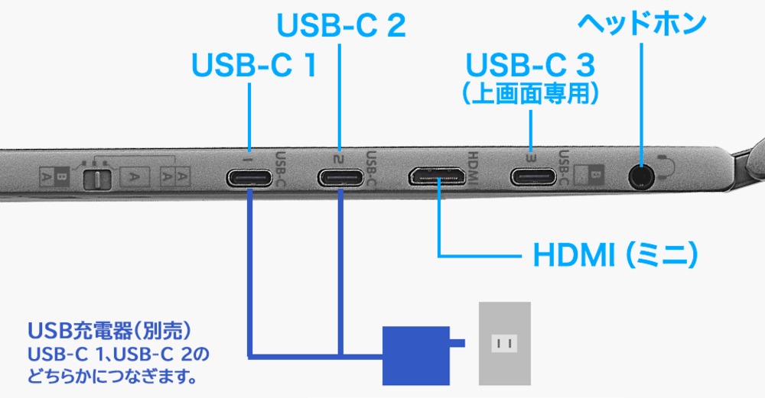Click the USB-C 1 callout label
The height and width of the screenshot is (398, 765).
point(253,65)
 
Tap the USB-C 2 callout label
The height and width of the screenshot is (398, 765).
point(340,26)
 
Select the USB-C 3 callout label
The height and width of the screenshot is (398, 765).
point(531,62)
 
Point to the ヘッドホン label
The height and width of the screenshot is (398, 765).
point(641,22)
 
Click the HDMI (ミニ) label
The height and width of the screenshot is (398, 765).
point(615,256)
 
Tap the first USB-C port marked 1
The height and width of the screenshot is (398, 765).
point(249,178)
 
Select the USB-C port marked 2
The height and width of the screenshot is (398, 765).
point(341,178)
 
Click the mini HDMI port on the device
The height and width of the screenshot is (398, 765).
point(439,177)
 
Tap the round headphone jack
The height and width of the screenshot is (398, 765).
point(640,176)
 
